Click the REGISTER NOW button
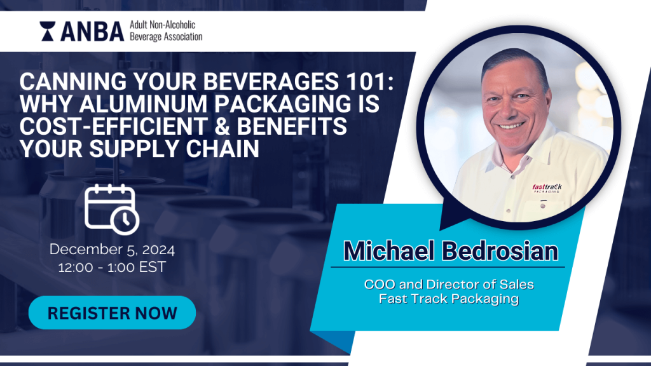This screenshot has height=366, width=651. [x=112, y=313]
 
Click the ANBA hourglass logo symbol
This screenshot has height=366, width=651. [x=47, y=31]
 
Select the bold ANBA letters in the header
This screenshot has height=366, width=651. [x=92, y=32]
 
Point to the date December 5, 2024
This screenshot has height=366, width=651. [x=112, y=249]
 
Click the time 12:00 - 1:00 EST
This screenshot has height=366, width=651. [x=112, y=268]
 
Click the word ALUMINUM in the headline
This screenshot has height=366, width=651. [x=144, y=104]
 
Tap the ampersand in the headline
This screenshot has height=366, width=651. [x=223, y=126]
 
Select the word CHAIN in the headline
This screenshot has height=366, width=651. [x=223, y=149]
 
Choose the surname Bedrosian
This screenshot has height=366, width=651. [x=500, y=251]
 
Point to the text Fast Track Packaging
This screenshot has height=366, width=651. [x=449, y=299]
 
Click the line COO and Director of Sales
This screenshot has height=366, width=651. [x=449, y=284]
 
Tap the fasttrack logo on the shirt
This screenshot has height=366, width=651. [x=547, y=188]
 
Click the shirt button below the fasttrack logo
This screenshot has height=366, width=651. [x=543, y=205]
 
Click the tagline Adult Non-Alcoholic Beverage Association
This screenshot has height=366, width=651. [x=166, y=30]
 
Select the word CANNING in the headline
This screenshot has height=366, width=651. [x=73, y=81]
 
